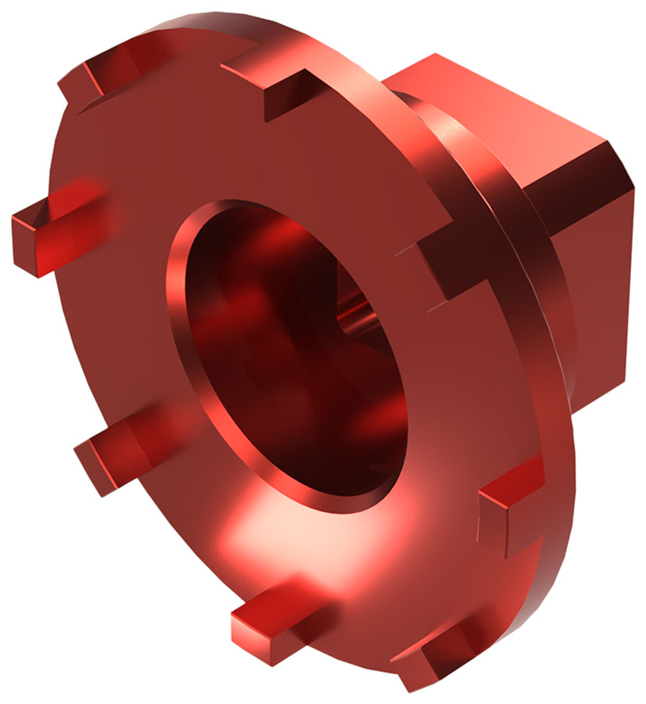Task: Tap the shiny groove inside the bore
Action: [x=360, y=313]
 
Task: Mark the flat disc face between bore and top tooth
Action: [x=258, y=156]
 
